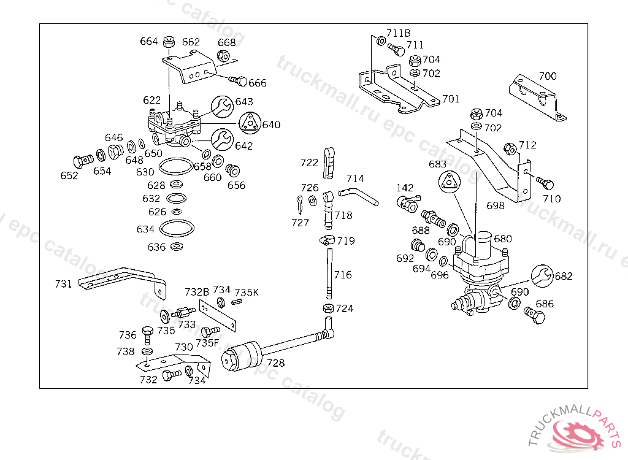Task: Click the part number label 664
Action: point(149,42)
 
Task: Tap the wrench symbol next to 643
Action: point(223,107)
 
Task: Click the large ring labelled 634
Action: point(178,229)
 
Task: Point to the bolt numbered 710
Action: point(545,183)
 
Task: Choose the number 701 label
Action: point(451,99)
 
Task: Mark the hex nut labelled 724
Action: point(328,308)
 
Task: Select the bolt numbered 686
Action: point(534,316)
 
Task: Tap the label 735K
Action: point(247,293)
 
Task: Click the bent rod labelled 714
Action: point(359,194)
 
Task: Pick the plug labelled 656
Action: point(233,170)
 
